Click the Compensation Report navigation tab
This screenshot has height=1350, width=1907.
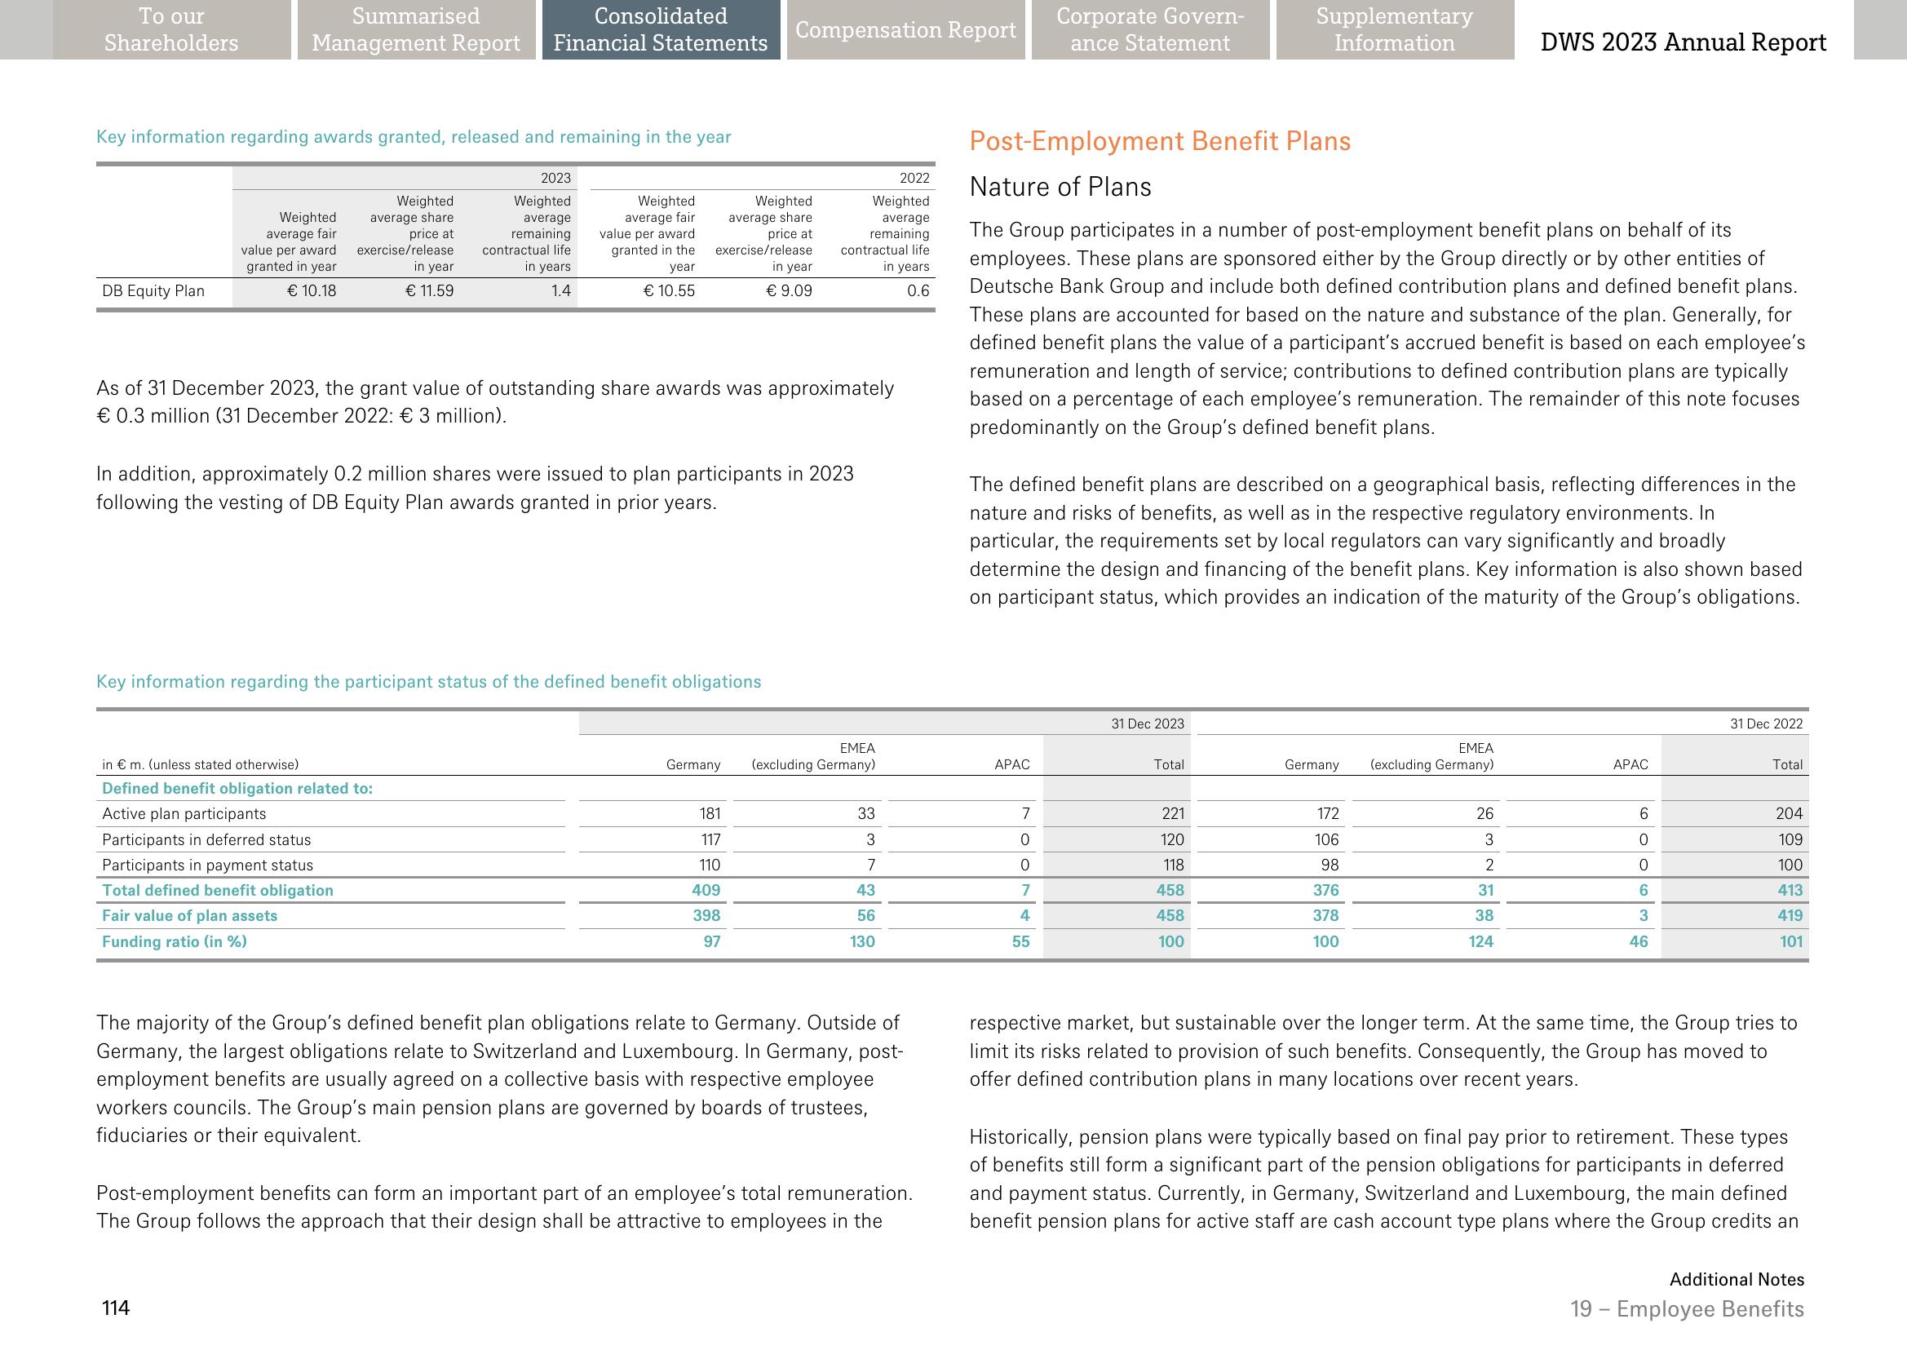click(905, 30)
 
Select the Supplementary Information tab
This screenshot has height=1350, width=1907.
click(1394, 30)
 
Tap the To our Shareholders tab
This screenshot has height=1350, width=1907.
click(171, 30)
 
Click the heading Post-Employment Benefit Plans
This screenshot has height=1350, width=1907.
click(1160, 141)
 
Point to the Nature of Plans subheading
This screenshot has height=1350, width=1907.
click(1060, 187)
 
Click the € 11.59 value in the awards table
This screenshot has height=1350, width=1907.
click(429, 291)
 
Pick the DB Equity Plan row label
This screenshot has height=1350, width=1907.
click(153, 291)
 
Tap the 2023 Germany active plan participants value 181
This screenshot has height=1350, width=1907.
click(709, 814)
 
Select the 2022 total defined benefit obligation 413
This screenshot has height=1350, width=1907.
click(1790, 890)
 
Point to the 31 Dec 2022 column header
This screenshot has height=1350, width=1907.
click(1767, 724)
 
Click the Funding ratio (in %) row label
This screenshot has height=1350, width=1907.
click(175, 942)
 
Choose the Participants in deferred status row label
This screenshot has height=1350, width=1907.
click(206, 839)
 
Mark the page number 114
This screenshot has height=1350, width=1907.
click(116, 1308)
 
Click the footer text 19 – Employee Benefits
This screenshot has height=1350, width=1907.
click(1687, 1309)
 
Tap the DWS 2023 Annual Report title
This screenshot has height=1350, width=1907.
click(1684, 42)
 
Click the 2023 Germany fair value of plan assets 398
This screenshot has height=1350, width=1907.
click(706, 916)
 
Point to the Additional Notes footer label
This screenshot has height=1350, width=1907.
click(1737, 1279)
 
